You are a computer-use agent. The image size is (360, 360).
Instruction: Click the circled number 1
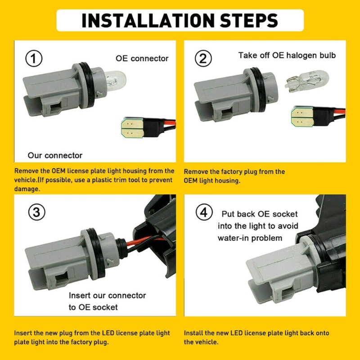point(34,58)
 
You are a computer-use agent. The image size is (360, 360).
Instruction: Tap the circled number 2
point(203,58)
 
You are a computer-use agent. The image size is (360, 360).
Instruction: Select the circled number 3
point(37,212)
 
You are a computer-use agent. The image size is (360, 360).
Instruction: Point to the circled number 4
point(204,212)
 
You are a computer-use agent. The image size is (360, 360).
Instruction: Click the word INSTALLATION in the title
point(148,20)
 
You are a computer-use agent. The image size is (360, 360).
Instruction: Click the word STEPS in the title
point(249,20)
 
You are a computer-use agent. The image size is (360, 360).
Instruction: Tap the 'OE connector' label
point(142,58)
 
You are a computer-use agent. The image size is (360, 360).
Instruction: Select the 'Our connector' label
point(55,155)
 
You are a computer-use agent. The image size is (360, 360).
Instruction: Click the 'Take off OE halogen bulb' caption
point(287,55)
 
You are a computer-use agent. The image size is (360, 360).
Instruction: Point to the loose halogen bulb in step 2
point(307,81)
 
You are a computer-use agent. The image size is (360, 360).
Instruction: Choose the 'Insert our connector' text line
point(107,295)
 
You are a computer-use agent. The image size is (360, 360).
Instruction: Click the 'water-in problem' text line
point(250,238)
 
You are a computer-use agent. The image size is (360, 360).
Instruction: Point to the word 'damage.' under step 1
point(27,189)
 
